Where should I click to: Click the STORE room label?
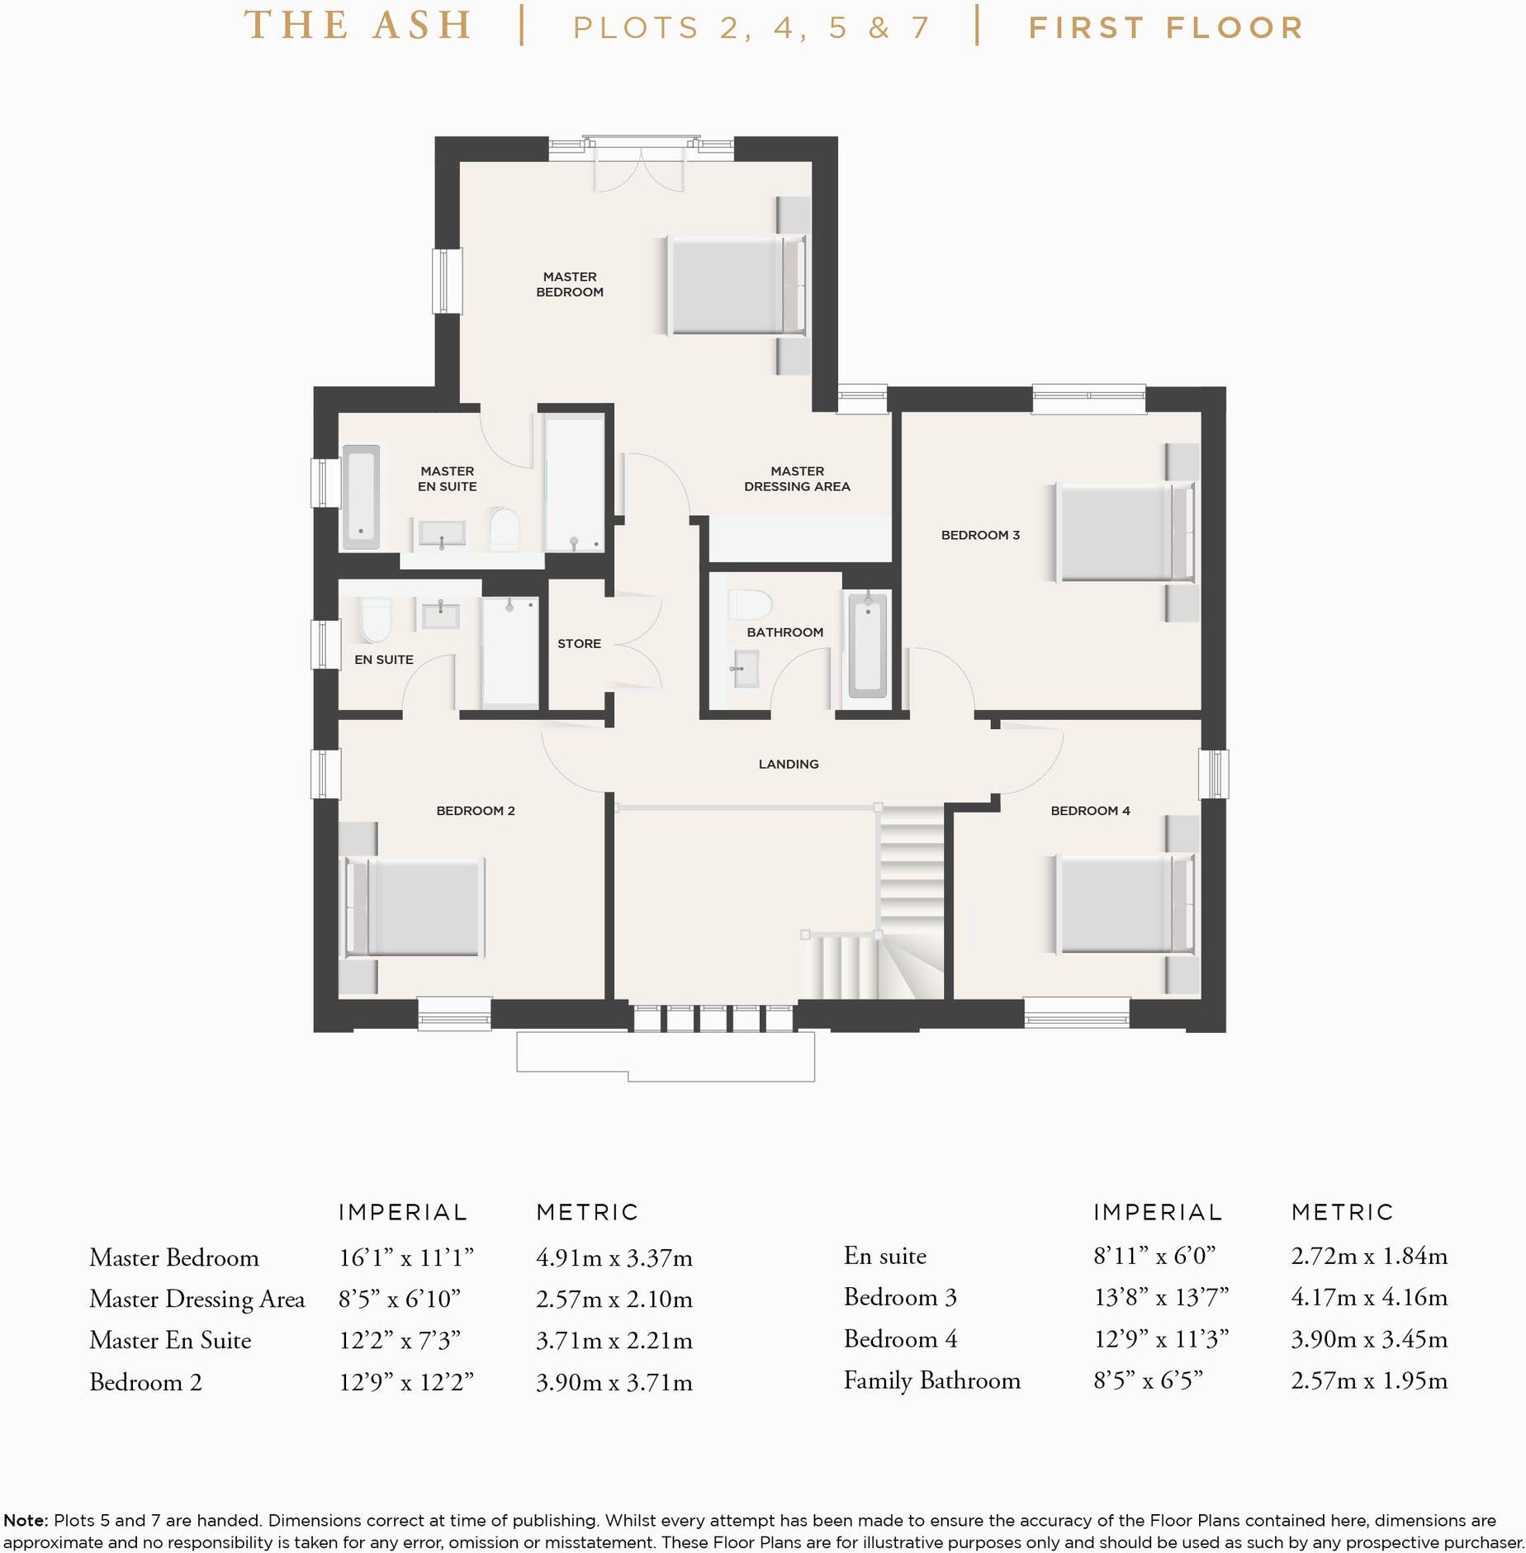click(x=579, y=643)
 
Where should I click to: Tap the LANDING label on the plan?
click(x=789, y=764)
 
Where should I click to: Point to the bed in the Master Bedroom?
click(x=735, y=286)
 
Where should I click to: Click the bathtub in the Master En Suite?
click(x=361, y=497)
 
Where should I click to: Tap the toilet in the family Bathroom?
click(x=750, y=604)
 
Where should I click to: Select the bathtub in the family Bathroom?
click(x=867, y=646)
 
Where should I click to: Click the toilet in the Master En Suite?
click(x=505, y=529)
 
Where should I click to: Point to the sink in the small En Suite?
click(x=441, y=615)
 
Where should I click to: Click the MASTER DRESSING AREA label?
click(x=797, y=479)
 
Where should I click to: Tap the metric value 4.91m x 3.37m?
click(x=614, y=1258)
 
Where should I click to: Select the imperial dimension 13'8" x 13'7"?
click(x=1161, y=1297)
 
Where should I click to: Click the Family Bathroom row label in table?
click(x=932, y=1380)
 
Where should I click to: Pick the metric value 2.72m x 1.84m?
click(x=1369, y=1256)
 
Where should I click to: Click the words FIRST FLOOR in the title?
click(x=1166, y=28)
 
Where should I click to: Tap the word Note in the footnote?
click(x=25, y=1520)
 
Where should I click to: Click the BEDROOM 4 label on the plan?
click(x=1090, y=811)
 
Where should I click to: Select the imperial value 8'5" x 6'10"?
click(x=400, y=1300)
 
